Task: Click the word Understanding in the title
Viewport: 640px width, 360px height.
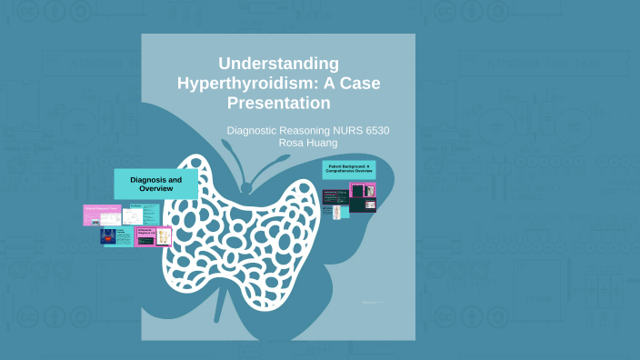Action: click(x=279, y=64)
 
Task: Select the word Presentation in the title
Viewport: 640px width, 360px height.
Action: click(x=279, y=102)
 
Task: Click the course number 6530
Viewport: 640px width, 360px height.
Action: click(x=373, y=131)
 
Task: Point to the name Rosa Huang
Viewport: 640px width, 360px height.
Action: click(x=308, y=143)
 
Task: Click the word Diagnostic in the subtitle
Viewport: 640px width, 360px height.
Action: click(x=259, y=131)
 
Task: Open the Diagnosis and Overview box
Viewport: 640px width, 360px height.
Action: click(x=155, y=185)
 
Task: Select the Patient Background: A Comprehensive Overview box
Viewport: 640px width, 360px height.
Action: click(x=347, y=170)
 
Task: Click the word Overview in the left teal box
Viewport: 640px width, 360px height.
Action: click(x=155, y=190)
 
